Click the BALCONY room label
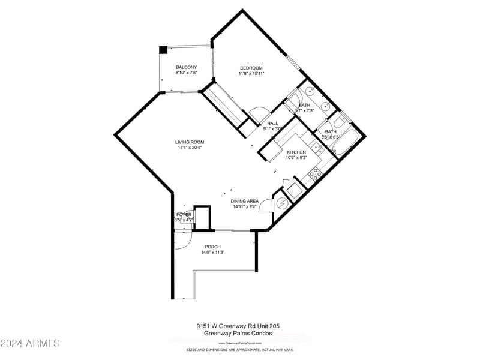(x=186, y=67)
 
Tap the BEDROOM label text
(x=251, y=68)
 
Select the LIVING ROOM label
(x=190, y=142)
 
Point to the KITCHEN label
(x=296, y=152)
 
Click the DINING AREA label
(x=246, y=201)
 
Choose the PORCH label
(x=212, y=247)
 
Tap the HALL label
(x=272, y=123)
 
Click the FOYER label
(x=184, y=214)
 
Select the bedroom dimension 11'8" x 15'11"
(x=251, y=73)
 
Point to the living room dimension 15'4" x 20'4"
(x=190, y=148)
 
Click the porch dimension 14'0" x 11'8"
(x=212, y=252)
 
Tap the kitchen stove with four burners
(x=314, y=174)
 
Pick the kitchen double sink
(x=317, y=148)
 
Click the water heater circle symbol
(x=281, y=203)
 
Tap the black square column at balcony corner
(x=163, y=50)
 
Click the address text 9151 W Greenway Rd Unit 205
(x=238, y=326)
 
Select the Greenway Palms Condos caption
(x=238, y=333)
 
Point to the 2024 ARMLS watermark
(x=30, y=343)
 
